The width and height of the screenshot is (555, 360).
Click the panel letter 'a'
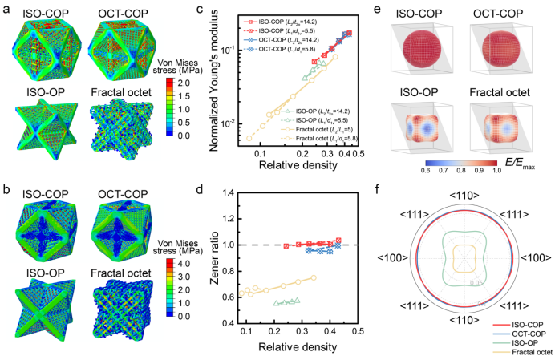(x=6, y=7)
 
